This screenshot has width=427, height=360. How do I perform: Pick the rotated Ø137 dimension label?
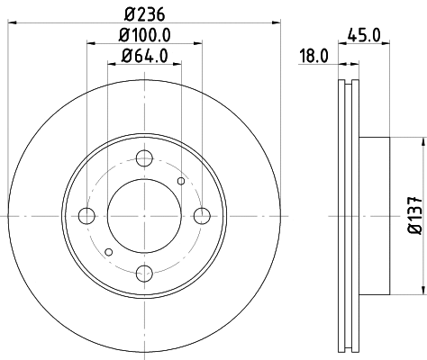(413, 216)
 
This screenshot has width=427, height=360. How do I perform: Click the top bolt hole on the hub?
(144, 159)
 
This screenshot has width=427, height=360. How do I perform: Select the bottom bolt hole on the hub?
(144, 273)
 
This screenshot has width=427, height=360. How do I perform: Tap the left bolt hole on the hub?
(87, 216)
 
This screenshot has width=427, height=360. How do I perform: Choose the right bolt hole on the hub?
(201, 216)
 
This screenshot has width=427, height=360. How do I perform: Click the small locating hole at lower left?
(108, 251)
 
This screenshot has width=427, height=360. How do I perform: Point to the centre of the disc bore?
(144, 216)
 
